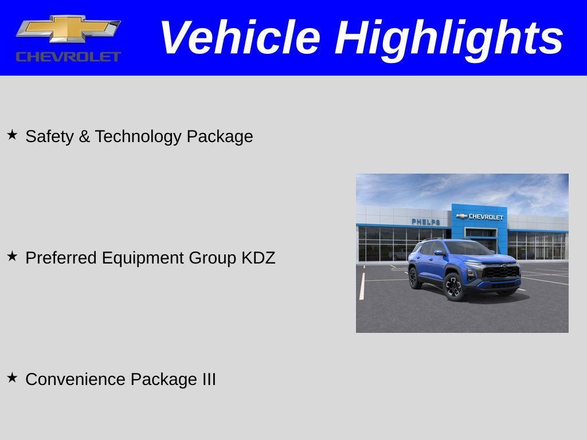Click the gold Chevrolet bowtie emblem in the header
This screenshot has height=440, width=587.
[x=68, y=29]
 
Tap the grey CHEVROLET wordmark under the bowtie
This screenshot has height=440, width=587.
[x=68, y=56]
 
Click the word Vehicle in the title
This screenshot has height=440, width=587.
[x=239, y=38]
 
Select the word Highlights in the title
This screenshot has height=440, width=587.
[x=449, y=38]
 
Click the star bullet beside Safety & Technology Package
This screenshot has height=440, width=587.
[x=12, y=135]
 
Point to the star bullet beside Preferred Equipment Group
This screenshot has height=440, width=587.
[x=12, y=257]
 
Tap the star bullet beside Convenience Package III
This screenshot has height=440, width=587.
[x=12, y=378]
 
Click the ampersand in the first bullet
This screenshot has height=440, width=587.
[x=84, y=136]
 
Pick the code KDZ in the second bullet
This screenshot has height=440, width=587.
[x=258, y=258]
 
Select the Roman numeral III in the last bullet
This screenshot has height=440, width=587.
[x=209, y=379]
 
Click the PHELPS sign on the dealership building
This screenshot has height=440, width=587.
[x=426, y=222]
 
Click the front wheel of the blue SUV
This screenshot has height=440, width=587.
[x=453, y=286]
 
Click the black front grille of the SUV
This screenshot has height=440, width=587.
[x=500, y=271]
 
